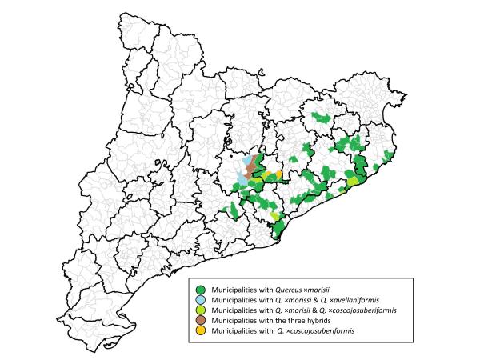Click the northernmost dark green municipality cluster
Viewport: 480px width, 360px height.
click(x=321, y=118)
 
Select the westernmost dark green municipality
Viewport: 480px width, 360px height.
click(x=234, y=210)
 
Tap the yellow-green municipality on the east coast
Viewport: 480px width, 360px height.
click(x=352, y=182)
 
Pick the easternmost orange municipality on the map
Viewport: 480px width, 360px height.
click(x=278, y=174)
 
